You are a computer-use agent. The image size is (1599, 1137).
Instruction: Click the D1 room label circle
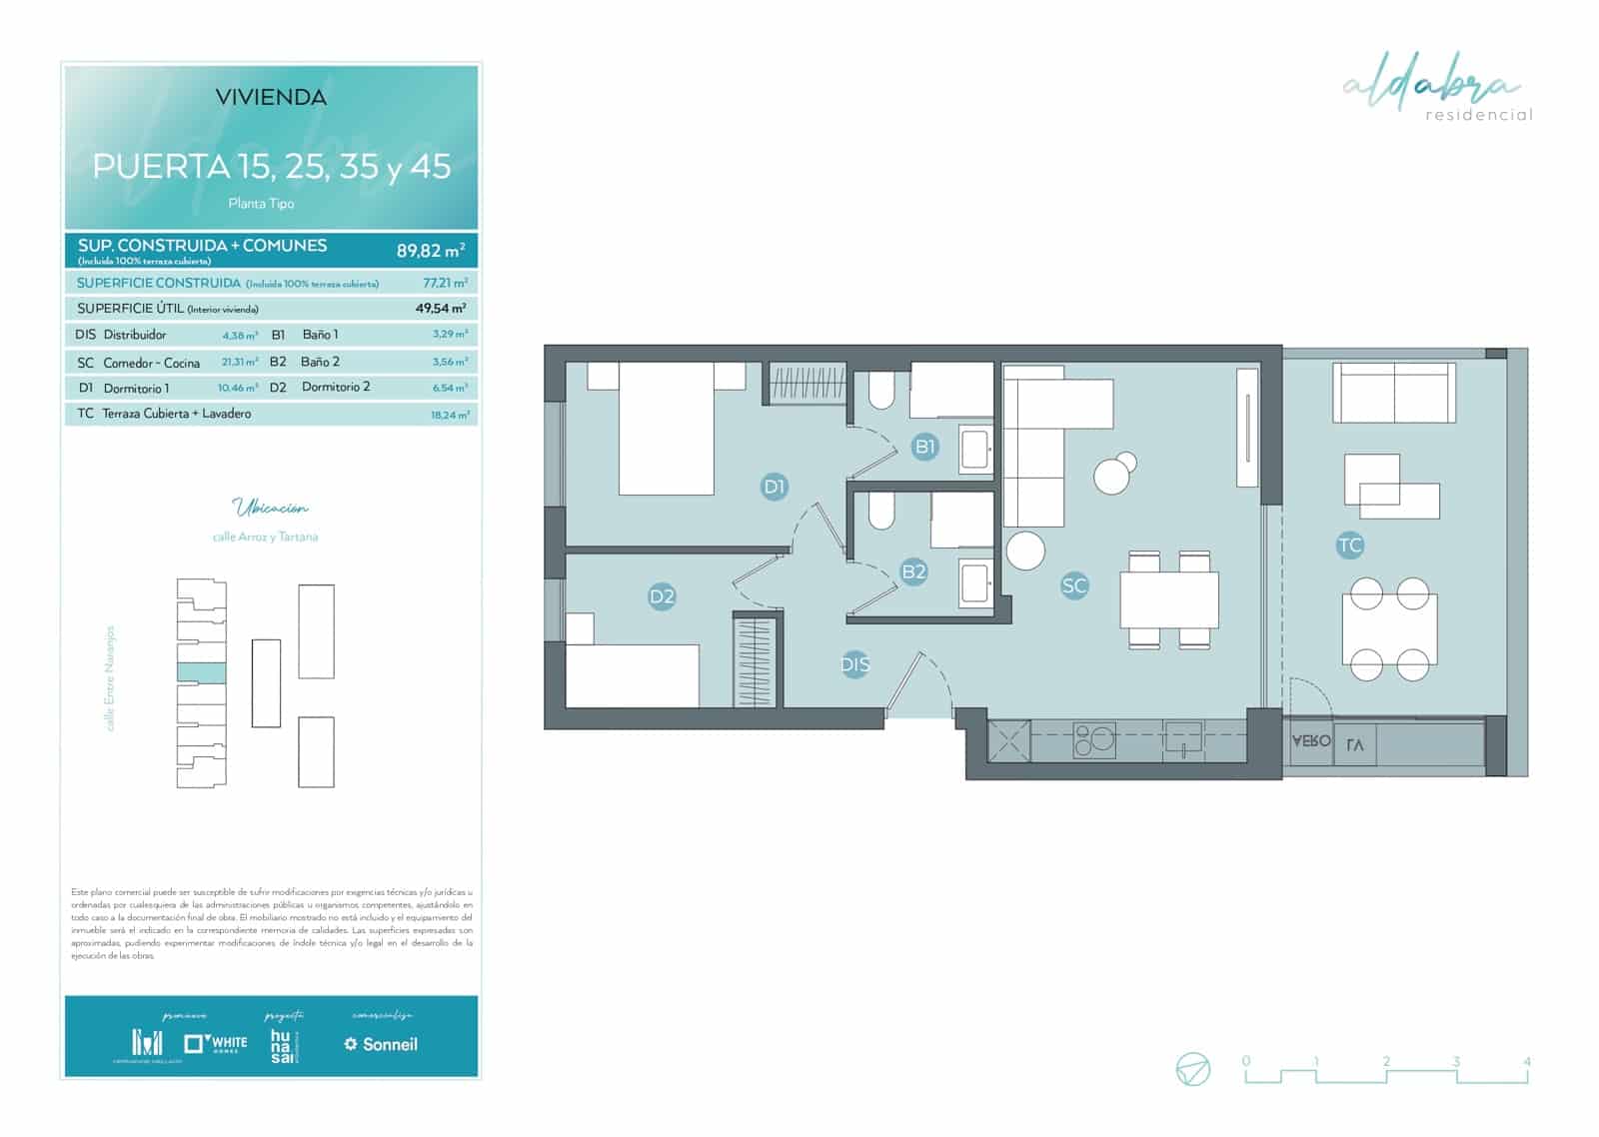click(775, 487)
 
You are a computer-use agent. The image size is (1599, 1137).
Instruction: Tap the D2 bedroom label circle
click(662, 596)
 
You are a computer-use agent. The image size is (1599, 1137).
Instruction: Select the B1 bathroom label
click(925, 446)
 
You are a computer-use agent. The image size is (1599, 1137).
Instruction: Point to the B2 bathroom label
click(913, 571)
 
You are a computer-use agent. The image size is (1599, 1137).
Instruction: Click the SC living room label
click(1073, 585)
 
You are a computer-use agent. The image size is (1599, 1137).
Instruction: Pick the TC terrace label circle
click(1349, 545)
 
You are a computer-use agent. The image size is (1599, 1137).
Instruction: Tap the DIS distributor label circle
click(854, 663)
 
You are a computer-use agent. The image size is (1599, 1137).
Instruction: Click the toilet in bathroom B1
click(881, 393)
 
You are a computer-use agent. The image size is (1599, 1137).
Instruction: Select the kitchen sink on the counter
click(1183, 740)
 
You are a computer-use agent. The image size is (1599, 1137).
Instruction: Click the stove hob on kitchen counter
click(1094, 740)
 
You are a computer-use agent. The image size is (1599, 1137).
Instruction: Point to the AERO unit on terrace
click(1310, 741)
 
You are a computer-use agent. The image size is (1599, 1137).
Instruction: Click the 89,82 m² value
click(430, 250)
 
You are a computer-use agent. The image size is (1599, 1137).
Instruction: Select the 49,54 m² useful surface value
click(441, 309)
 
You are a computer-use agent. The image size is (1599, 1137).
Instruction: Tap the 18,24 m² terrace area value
click(449, 415)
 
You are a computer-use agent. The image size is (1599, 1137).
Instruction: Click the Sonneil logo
click(381, 1044)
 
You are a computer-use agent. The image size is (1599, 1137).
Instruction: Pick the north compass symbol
click(1193, 1069)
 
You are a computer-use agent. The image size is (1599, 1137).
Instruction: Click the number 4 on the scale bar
click(1526, 1062)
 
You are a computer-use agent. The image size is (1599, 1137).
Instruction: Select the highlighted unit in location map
click(201, 672)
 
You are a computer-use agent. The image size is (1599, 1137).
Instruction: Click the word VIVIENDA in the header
click(271, 98)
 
